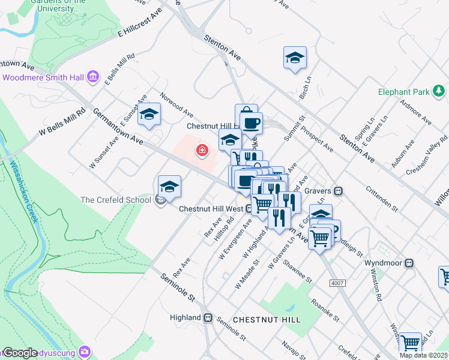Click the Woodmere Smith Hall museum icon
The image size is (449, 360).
[93, 77]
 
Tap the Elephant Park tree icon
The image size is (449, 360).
[439, 92]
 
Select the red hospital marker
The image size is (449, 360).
[202, 150]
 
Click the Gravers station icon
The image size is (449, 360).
[339, 191]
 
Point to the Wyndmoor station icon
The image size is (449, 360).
[409, 263]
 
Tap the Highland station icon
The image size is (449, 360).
[207, 317]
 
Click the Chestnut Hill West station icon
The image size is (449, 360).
[248, 209]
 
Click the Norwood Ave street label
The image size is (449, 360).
[176, 105]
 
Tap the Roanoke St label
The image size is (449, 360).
[325, 308]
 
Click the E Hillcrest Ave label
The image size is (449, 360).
[140, 23]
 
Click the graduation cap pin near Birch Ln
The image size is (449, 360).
[295, 58]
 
